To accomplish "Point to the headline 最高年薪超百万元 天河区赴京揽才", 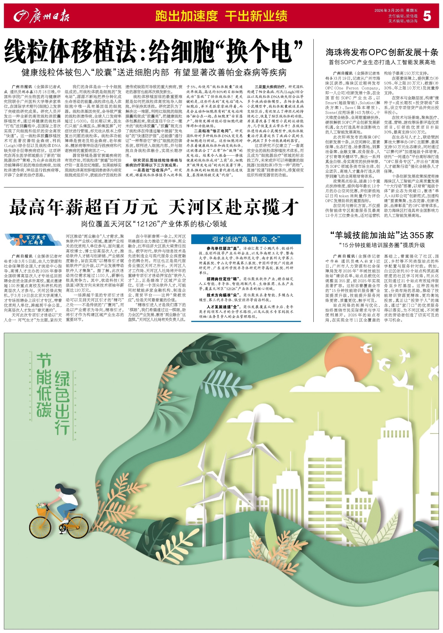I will coord(154,207).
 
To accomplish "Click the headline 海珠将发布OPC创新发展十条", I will coord(382,52).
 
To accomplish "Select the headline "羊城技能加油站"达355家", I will coord(382,235).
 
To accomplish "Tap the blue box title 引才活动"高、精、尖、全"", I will coord(246,239).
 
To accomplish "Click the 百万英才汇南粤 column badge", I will coord(33,240).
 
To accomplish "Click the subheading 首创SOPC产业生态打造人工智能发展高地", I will coord(382,62).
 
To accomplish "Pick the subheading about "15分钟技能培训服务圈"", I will coord(382,245).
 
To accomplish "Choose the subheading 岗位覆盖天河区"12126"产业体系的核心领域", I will coord(154,224).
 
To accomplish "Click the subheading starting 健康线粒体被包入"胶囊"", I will coord(154,72).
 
